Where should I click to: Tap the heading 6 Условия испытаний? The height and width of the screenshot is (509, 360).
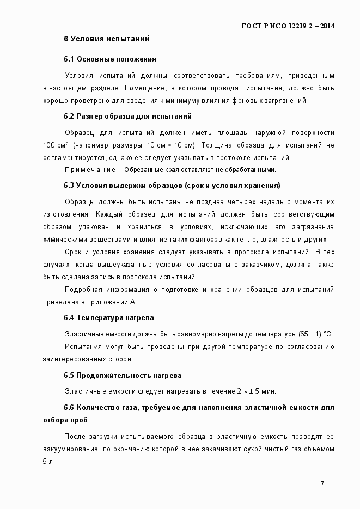(x=106, y=39)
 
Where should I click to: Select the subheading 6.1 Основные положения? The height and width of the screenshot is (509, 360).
(x=110, y=58)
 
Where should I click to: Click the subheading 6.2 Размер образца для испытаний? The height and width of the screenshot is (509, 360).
(x=127, y=116)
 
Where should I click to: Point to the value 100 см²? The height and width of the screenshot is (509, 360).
(x=56, y=145)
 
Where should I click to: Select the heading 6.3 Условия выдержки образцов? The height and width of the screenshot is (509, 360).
(x=172, y=186)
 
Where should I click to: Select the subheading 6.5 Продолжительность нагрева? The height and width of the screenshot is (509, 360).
(x=123, y=376)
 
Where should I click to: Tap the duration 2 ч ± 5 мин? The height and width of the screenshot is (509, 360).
(x=256, y=391)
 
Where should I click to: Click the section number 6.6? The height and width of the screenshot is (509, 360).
(x=69, y=407)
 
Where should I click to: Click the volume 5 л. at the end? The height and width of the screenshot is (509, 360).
(x=49, y=462)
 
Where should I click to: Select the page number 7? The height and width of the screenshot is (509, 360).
(x=322, y=483)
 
